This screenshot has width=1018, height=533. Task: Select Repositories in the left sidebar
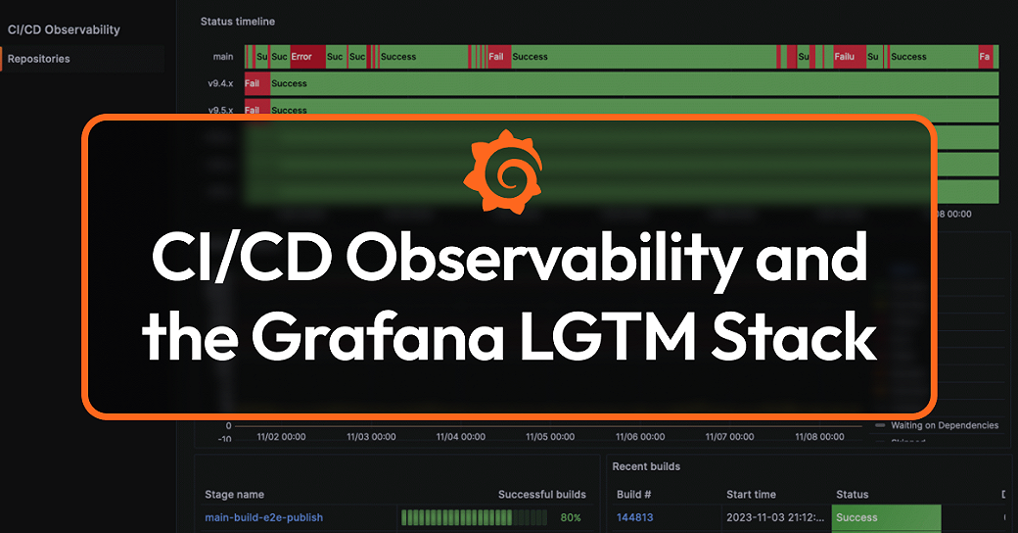[39, 59]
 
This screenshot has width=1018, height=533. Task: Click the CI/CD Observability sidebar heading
[64, 29]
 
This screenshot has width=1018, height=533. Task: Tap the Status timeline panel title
[238, 21]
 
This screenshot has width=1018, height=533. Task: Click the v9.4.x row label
[220, 83]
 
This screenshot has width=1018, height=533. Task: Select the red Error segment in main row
[302, 57]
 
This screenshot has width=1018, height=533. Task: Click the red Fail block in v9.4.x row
[254, 83]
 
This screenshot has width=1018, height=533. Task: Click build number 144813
[634, 517]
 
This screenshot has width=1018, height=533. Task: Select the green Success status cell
[885, 517]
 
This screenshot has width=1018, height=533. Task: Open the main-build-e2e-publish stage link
[263, 517]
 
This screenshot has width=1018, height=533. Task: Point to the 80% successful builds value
[571, 517]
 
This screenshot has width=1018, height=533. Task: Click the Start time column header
[751, 495]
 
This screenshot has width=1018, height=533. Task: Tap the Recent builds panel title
[646, 466]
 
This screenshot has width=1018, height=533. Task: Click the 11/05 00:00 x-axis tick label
[550, 437]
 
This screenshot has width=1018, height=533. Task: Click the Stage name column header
[234, 495]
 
